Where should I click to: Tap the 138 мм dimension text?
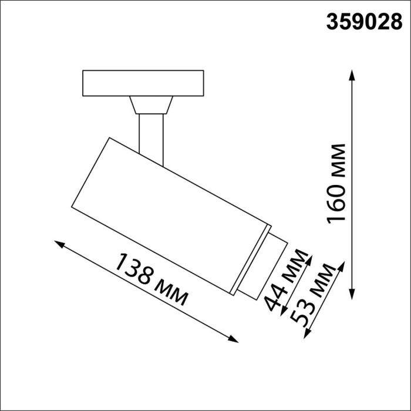click(151, 279)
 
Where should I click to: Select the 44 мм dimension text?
click(286, 280)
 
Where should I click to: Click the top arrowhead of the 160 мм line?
click(352, 73)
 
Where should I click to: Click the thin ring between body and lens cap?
click(251, 259)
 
